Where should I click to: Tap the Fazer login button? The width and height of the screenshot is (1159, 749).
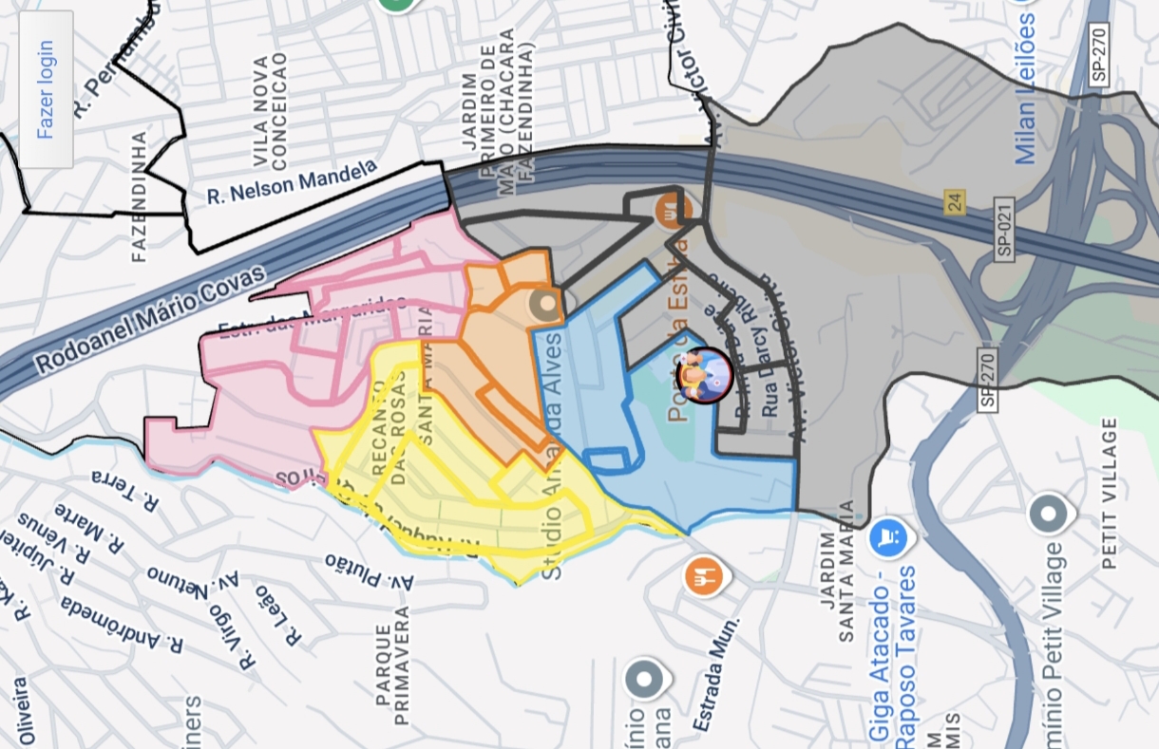pyautogui.click(x=46, y=89)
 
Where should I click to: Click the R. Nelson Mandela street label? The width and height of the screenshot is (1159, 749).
pyautogui.click(x=292, y=182)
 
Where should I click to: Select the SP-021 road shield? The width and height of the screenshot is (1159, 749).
pyautogui.click(x=1004, y=229)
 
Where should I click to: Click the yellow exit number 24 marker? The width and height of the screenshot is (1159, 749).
pyautogui.click(x=953, y=202)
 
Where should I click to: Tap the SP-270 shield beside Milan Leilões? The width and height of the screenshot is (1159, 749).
pyautogui.click(x=1098, y=54)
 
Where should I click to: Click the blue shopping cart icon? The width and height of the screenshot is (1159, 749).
pyautogui.click(x=889, y=538)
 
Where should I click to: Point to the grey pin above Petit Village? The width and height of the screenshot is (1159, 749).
pyautogui.click(x=1050, y=514)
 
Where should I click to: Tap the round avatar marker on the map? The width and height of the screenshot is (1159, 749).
pyautogui.click(x=705, y=376)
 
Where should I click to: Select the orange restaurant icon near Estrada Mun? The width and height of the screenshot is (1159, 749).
pyautogui.click(x=704, y=576)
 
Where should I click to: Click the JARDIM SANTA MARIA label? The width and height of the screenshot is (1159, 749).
pyautogui.click(x=836, y=571)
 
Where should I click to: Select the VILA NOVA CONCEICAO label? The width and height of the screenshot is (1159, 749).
pyautogui.click(x=270, y=110)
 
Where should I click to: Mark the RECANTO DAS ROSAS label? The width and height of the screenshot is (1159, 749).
pyautogui.click(x=389, y=432)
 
